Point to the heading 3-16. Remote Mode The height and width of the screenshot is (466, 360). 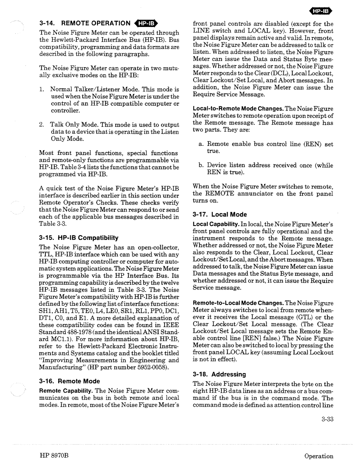click(x=69, y=381)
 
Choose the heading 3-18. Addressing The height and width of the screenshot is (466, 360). click(x=219, y=374)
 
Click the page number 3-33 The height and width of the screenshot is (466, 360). click(x=328, y=419)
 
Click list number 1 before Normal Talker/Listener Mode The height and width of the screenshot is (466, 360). click(x=41, y=89)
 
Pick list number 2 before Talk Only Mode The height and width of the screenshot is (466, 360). click(x=41, y=125)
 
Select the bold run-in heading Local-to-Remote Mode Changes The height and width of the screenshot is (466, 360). click(x=235, y=109)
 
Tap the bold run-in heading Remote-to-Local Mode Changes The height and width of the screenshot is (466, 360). click(x=235, y=303)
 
